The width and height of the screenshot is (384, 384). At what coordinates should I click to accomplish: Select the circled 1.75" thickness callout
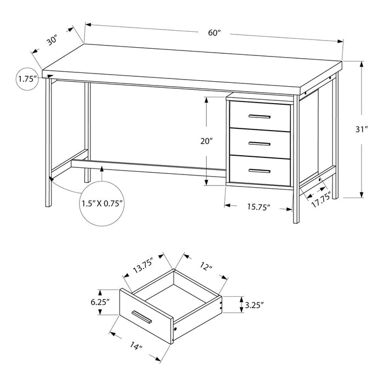(x=27, y=79)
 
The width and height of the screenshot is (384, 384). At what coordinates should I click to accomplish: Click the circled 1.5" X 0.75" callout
(x=103, y=203)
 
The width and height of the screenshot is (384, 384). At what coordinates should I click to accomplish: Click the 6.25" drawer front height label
(x=100, y=302)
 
